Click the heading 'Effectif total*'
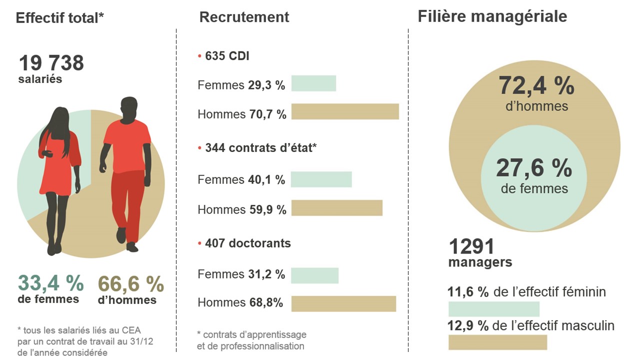pyautogui.click(x=60, y=18)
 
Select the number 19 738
pyautogui.click(x=51, y=63)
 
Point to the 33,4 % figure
pyautogui.click(x=51, y=283)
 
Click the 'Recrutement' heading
pyautogui.click(x=244, y=17)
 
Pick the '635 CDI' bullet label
pyautogui.click(x=227, y=56)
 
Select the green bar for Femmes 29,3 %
pyautogui.click(x=313, y=83)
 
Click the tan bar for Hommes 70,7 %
pyautogui.click(x=345, y=111)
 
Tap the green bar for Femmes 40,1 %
pyautogui.click(x=321, y=179)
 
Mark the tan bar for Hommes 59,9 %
pyautogui.click(x=336, y=208)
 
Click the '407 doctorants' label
pyautogui.click(x=247, y=243)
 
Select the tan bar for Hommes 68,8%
pyautogui.click(x=343, y=303)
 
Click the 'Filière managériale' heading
pyautogui.click(x=492, y=16)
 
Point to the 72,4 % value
pyautogui.click(x=536, y=86)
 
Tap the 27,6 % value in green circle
pyautogui.click(x=534, y=168)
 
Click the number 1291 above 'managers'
pyautogui.click(x=471, y=246)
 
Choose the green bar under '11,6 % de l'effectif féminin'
pyautogui.click(x=494, y=308)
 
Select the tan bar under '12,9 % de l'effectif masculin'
pyautogui.click(x=497, y=342)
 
